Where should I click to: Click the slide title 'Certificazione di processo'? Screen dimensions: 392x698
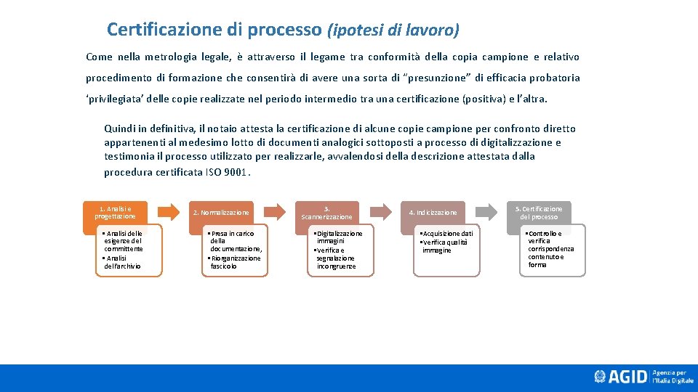[x=214, y=30]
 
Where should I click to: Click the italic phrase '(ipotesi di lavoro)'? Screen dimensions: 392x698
[x=393, y=30]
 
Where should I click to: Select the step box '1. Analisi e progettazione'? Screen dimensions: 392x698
[x=115, y=212]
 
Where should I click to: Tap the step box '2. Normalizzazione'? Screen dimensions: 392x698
[x=220, y=213]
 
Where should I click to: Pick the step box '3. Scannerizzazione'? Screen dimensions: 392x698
[x=326, y=213]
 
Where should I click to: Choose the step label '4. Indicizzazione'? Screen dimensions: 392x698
[x=433, y=213]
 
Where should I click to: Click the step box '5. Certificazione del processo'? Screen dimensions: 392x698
[x=539, y=213]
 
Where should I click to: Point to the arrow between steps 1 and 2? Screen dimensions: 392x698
[x=168, y=212]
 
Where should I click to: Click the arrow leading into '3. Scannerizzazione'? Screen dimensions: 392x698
[x=274, y=212]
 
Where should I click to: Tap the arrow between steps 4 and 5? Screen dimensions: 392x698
[x=486, y=211]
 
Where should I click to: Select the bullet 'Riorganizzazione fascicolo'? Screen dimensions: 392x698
[x=234, y=262]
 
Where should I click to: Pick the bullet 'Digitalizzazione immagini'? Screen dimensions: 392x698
[x=338, y=237]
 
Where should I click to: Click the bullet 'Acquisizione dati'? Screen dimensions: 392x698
[x=447, y=234]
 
